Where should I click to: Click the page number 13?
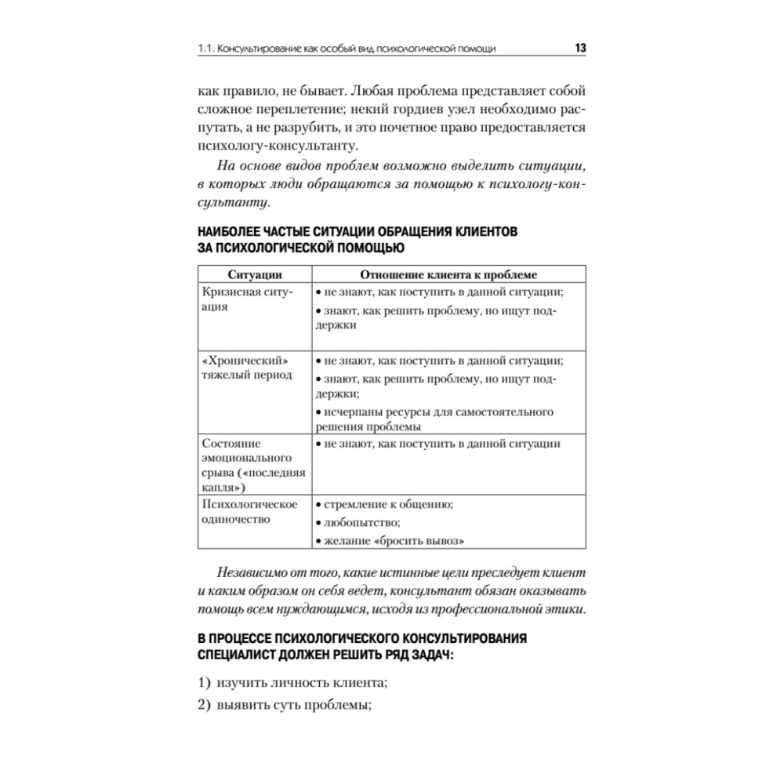(580, 49)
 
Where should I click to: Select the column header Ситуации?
(255, 274)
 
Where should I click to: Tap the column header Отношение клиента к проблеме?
(449, 274)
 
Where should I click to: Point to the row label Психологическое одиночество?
(249, 511)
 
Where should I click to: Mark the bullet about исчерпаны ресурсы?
(434, 419)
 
